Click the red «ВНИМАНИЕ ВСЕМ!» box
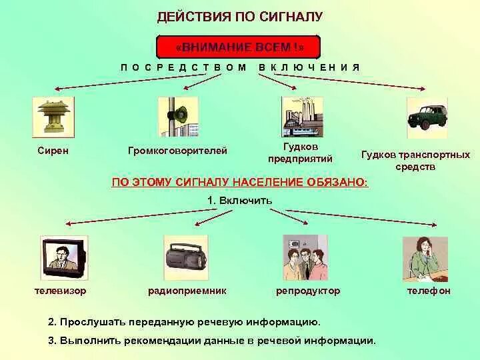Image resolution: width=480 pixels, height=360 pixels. (x=239, y=47)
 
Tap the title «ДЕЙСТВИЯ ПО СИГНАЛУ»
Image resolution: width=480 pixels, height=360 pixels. (x=239, y=16)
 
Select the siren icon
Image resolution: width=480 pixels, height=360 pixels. (x=53, y=117)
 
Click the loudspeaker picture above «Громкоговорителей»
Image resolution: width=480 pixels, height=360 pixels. (x=178, y=117)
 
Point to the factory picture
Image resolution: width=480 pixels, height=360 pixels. (x=301, y=117)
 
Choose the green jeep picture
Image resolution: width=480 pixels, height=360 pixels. (x=427, y=117)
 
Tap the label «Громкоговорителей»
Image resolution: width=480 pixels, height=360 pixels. (x=177, y=151)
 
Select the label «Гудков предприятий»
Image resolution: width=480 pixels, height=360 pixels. (x=300, y=152)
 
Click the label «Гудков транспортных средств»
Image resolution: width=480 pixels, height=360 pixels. (x=415, y=160)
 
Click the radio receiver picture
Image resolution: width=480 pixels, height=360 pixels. (x=186, y=257)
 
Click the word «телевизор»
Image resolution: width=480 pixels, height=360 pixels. (x=60, y=291)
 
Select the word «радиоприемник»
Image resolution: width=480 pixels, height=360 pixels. (x=187, y=291)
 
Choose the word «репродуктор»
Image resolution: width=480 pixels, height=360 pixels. (x=308, y=291)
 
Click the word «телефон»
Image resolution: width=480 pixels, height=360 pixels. (x=429, y=291)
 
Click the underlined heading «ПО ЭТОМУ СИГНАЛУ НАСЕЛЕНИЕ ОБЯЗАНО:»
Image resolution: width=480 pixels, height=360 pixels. (x=239, y=181)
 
